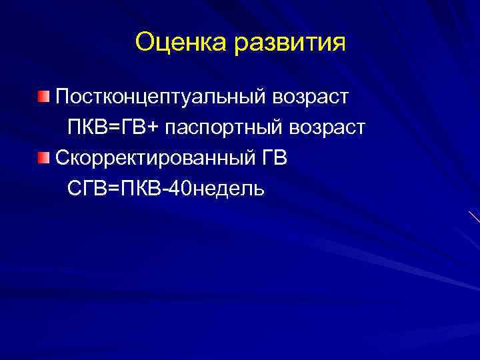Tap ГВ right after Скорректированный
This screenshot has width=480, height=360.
tap(276, 159)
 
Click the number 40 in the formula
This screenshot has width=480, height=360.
tap(179, 189)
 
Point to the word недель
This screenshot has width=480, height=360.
tap(227, 189)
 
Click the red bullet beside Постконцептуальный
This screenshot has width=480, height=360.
tap(43, 98)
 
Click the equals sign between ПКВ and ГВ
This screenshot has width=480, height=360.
tap(115, 127)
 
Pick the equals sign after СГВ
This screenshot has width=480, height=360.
tap(113, 189)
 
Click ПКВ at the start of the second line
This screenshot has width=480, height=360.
tap(87, 127)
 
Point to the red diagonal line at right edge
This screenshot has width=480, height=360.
tap(473, 217)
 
